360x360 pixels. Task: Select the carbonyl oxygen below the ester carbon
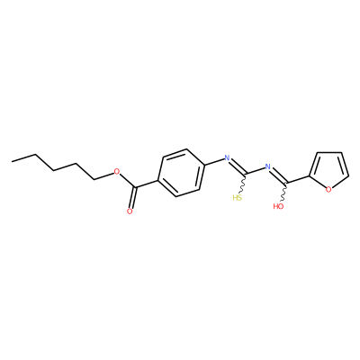coord(130,211)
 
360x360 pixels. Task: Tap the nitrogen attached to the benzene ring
coord(227,157)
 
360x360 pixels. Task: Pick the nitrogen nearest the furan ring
coord(267,166)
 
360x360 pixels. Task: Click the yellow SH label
coord(238,198)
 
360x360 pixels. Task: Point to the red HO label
coord(278,206)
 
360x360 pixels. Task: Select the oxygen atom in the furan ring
coord(328,189)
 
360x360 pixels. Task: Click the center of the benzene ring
coord(180,173)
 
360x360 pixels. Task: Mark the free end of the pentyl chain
coord(13,161)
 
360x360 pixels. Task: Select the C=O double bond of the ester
coord(133,198)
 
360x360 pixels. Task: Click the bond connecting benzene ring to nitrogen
coord(214,161)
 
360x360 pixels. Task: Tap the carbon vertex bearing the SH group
coord(247,174)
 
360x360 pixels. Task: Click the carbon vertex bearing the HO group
coord(287,183)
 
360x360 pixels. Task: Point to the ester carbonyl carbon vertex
coord(136,188)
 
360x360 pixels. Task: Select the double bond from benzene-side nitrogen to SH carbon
coord(238,166)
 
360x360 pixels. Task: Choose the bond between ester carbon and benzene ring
coord(147,184)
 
